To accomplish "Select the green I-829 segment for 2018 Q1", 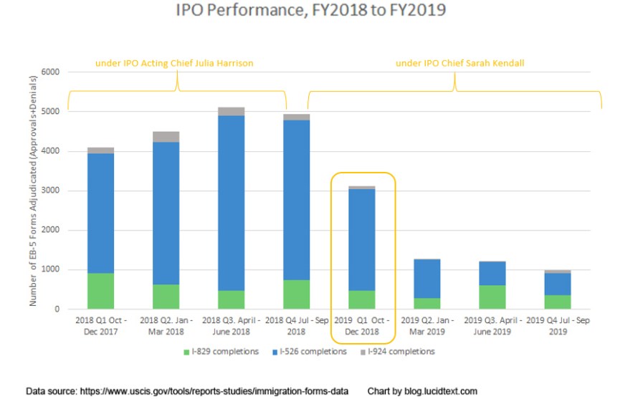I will (x=100, y=291).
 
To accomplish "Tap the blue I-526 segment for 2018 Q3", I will (x=231, y=203).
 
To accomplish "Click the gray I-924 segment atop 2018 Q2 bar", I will (x=166, y=137).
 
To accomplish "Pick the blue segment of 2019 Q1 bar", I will (x=362, y=240).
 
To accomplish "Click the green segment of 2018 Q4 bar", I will (x=296, y=294).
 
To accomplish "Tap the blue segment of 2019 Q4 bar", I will (x=558, y=284).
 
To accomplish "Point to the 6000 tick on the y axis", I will (x=49, y=72).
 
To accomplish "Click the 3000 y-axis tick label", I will (x=49, y=191).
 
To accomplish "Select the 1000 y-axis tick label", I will (x=49, y=270).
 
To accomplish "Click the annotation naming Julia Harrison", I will (x=174, y=64).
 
